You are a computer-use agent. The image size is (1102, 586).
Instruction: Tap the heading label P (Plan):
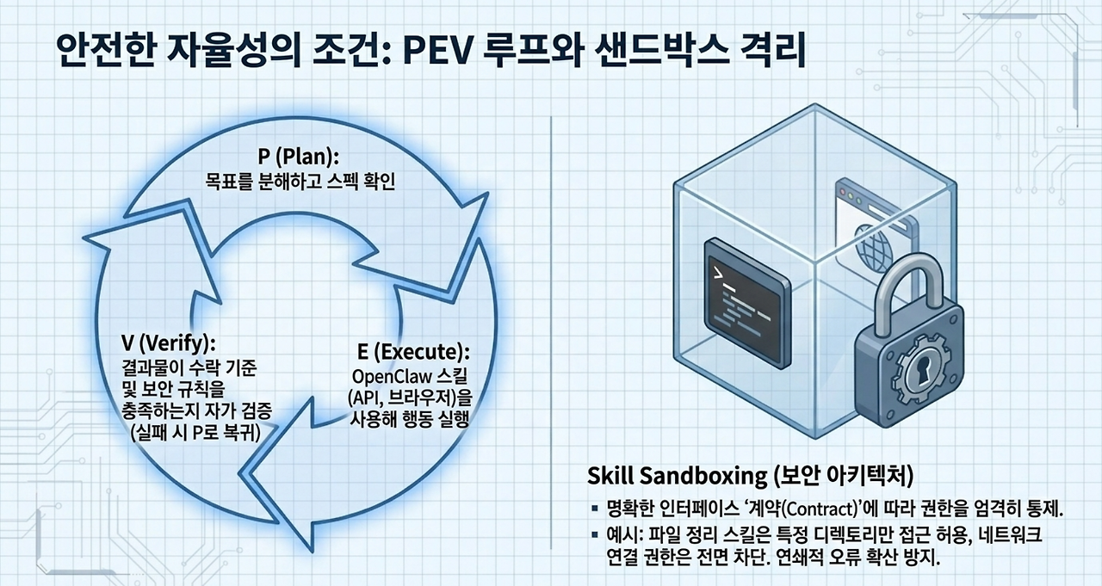click(299, 157)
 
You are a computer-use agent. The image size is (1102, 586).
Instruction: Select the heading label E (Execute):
click(413, 352)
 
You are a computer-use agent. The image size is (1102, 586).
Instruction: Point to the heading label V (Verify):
click(168, 343)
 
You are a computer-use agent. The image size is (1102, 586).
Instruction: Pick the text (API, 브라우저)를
click(409, 398)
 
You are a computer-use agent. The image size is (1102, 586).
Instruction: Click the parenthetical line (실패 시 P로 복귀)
click(195, 432)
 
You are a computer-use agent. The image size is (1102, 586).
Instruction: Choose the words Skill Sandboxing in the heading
click(677, 475)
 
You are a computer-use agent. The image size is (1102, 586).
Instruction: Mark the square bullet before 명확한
click(595, 509)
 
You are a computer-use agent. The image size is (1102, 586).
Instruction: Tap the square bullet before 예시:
click(595, 534)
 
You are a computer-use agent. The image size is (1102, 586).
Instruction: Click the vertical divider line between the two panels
click(551, 332)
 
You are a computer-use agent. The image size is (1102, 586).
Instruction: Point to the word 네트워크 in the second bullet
click(1015, 534)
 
